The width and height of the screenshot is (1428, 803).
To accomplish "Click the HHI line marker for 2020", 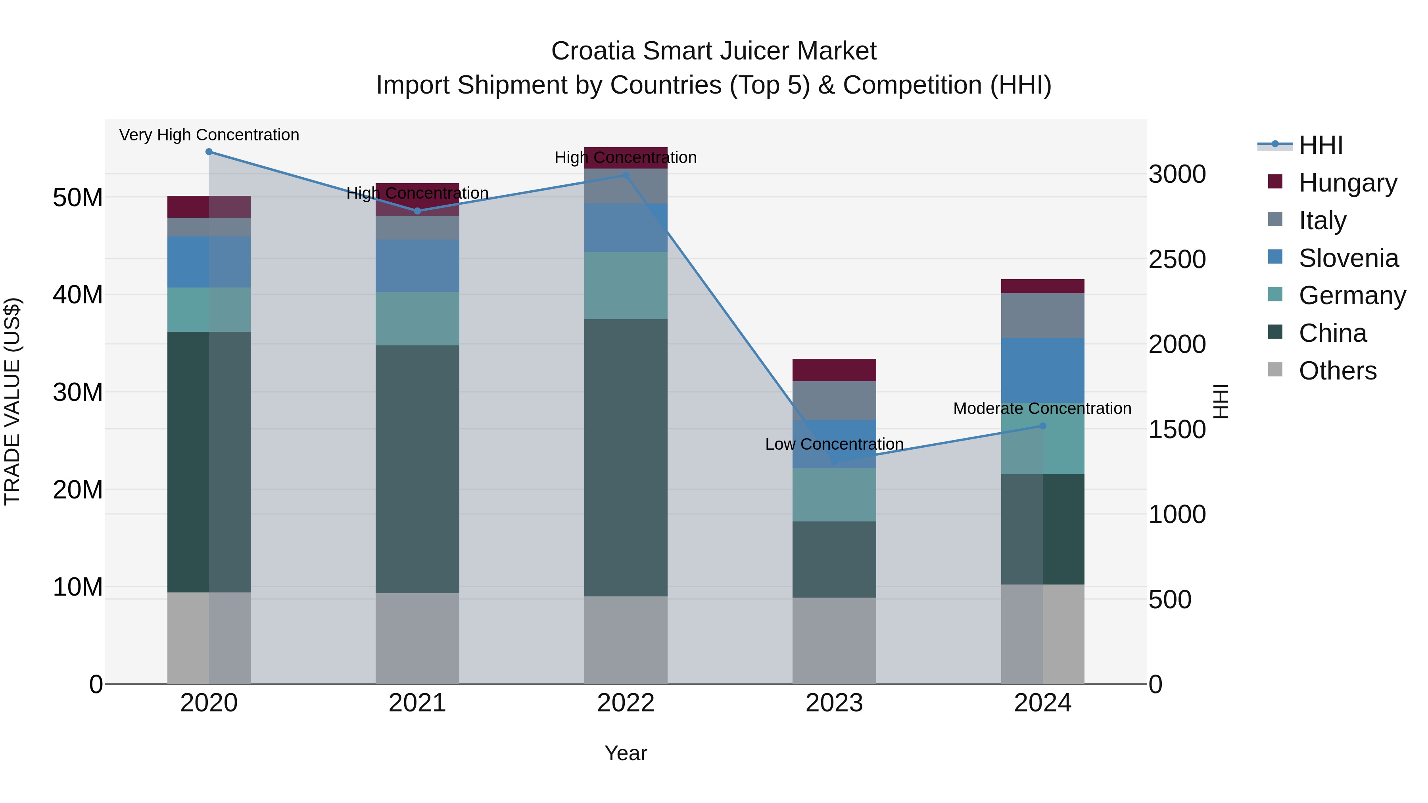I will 209,152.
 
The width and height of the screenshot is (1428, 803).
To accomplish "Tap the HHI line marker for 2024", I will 1043,425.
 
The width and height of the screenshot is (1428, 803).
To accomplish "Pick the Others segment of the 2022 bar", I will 626,640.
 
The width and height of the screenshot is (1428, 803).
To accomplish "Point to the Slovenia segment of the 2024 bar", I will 1043,370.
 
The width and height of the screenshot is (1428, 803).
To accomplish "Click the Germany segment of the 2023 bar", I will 834,494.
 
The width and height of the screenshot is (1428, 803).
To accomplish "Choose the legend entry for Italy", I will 1322,220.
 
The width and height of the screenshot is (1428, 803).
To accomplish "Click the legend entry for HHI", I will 1321,145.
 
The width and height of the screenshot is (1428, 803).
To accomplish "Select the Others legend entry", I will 1337,371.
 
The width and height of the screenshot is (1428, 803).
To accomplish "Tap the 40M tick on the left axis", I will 78,294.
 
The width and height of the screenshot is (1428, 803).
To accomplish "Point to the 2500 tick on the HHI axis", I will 1177,259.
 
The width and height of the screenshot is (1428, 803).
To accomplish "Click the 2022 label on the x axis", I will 626,703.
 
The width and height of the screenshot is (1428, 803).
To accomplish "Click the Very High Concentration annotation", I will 209,135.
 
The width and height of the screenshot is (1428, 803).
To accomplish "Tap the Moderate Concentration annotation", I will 1042,408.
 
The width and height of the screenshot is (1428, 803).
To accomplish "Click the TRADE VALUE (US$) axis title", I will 12,401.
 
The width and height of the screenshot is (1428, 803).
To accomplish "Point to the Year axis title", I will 626,753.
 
